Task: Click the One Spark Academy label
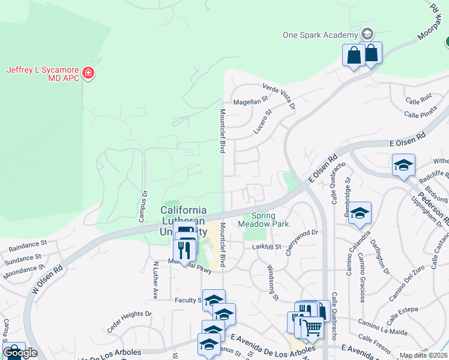coord(320,34)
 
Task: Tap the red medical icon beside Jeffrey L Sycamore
coord(89,74)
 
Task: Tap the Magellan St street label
coord(250,101)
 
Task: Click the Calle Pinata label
coord(420,113)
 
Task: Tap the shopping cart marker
coord(312,328)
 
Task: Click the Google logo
coord(20,353)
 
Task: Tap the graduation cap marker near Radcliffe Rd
coord(403,165)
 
